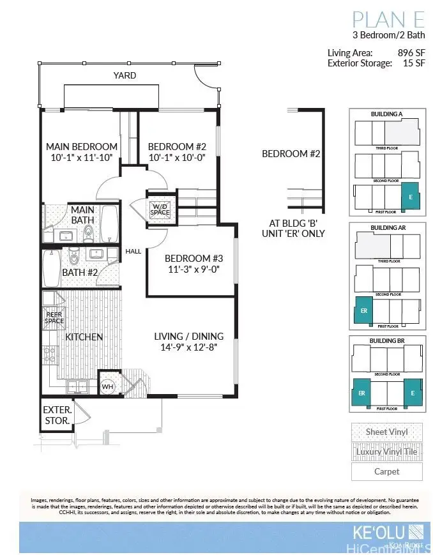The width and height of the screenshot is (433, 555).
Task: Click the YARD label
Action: point(125,75)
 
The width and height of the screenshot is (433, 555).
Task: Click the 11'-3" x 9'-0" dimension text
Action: point(194,270)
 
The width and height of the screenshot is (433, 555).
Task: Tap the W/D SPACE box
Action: point(160,209)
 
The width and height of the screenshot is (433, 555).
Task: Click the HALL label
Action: point(133,252)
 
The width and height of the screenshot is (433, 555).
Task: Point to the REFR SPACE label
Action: point(54,317)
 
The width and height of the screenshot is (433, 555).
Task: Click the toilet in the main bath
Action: point(89,232)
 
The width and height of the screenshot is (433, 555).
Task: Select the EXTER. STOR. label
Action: point(57,415)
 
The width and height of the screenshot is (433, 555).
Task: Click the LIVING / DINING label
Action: point(188,337)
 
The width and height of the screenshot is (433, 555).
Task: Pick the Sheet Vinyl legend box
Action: point(386,432)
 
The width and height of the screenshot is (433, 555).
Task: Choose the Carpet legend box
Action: point(386,472)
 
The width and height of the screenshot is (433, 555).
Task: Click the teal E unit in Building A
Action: point(410,197)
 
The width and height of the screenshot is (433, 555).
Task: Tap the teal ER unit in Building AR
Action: point(363,311)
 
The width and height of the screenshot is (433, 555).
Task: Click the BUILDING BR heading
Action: point(386,342)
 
